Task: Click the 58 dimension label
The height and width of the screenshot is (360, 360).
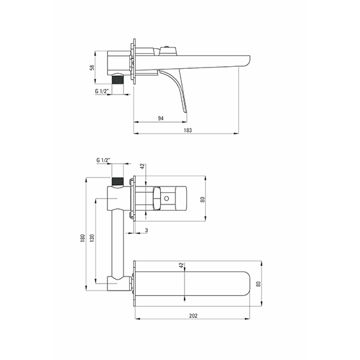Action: tap(92, 67)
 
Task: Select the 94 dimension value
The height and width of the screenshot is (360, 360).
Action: tap(161, 118)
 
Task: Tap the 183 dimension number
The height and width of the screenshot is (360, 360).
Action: tap(188, 130)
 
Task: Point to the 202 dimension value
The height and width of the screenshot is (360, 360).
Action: tap(194, 316)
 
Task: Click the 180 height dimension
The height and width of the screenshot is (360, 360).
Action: tap(83, 238)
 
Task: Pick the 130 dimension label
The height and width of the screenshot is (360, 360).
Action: tap(92, 238)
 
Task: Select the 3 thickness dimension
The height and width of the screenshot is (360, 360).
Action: tap(147, 230)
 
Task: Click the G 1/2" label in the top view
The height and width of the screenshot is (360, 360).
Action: tap(102, 91)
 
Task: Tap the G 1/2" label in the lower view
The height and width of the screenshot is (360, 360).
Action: tap(104, 160)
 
